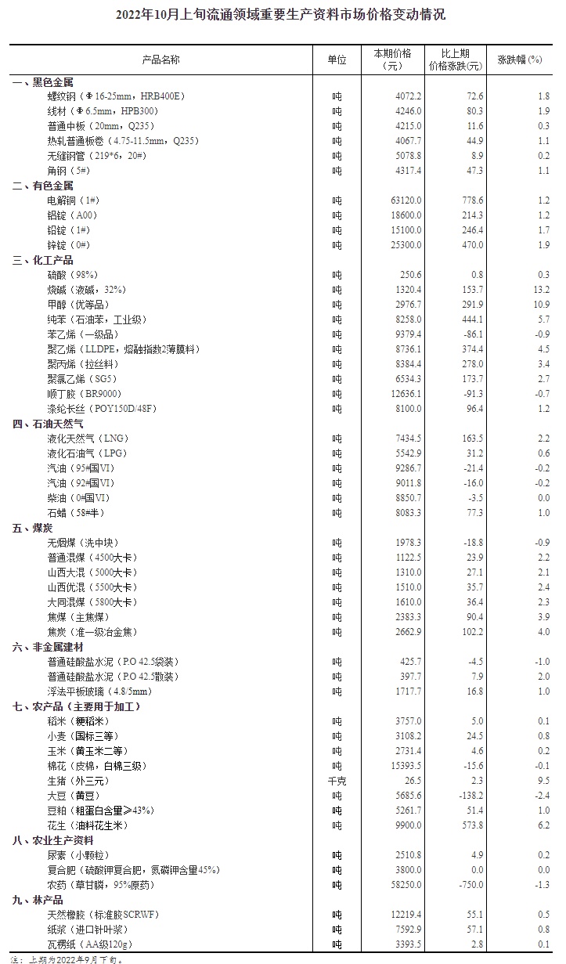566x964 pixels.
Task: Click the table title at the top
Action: [x=282, y=14]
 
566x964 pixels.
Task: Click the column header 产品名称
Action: [x=160, y=60]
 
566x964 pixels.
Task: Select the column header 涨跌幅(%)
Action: [x=519, y=60]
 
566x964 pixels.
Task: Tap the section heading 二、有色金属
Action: [x=43, y=186]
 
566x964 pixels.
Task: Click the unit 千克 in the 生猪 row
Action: [x=336, y=781]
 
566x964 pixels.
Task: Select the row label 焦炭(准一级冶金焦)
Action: [x=92, y=631]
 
